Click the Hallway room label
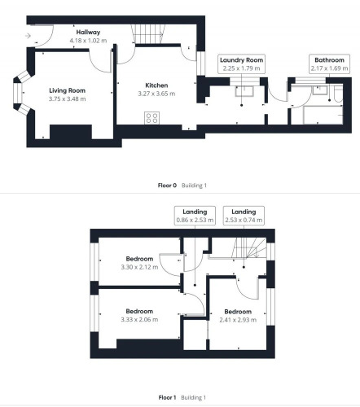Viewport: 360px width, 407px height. (88, 32)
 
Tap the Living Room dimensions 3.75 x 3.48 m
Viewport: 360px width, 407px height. (68, 99)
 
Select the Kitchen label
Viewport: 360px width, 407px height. (156, 85)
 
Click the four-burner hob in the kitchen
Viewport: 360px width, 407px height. (151, 118)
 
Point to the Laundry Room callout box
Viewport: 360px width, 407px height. (241, 63)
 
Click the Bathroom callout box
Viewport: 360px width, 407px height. (329, 63)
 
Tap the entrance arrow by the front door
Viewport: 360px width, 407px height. (28, 36)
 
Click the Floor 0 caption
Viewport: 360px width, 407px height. (167, 186)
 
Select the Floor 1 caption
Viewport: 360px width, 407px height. (167, 397)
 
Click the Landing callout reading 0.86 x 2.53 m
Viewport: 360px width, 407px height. (195, 216)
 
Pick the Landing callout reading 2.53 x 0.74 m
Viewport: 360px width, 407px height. (244, 216)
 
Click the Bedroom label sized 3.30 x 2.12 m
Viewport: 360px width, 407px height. (139, 259)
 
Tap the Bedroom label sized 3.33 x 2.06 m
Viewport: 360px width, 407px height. (139, 311)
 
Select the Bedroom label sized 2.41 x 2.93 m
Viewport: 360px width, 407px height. (238, 312)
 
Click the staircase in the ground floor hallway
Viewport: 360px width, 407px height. (148, 34)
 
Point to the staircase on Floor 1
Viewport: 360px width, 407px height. (249, 247)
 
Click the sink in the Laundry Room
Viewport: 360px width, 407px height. (244, 91)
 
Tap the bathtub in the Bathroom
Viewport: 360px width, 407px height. (323, 115)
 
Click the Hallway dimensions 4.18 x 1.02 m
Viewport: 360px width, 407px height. (88, 41)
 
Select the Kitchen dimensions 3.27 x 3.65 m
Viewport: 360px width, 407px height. (156, 94)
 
